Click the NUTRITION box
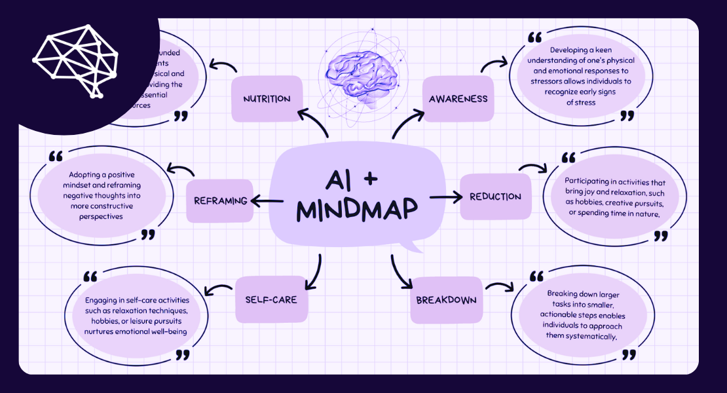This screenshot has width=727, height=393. click(x=267, y=99)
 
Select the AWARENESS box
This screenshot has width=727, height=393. click(x=458, y=99)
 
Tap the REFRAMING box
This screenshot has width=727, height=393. click(x=219, y=200)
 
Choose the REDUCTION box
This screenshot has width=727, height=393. click(x=495, y=196)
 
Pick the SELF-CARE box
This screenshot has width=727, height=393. click(x=270, y=299)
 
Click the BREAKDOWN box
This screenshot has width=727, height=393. click(x=446, y=301)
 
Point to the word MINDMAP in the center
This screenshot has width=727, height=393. click(x=357, y=209)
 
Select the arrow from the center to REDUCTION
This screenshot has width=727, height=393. click(x=445, y=196)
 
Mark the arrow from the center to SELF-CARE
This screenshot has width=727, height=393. click(x=315, y=272)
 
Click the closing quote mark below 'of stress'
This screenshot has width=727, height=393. click(x=627, y=116)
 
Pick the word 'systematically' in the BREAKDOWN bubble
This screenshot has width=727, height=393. click(x=582, y=336)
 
